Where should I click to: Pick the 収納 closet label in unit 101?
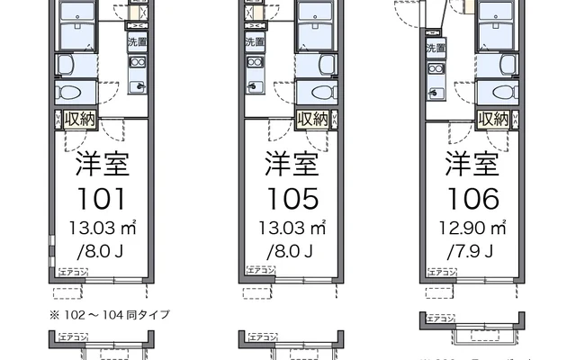tap(80, 119)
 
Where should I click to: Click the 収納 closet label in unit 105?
tap(312, 119)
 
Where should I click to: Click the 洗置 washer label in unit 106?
tap(436, 49)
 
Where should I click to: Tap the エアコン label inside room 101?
tap(73, 270)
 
